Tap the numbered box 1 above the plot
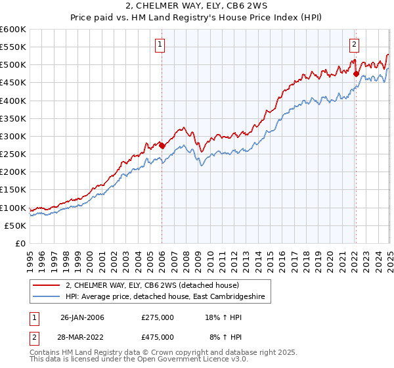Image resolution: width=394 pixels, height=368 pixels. (160, 45)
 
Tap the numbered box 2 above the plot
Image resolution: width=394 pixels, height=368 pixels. (354, 45)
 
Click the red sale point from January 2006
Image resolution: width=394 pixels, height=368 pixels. (162, 146)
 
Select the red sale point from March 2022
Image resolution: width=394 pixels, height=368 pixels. (356, 74)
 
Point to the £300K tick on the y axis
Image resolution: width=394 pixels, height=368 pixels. (13, 136)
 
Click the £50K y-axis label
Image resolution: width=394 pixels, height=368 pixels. (15, 225)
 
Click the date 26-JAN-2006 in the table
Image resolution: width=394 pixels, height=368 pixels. (82, 317)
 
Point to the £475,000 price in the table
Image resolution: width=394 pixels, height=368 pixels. (158, 336)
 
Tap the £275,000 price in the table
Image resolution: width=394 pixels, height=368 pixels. (158, 317)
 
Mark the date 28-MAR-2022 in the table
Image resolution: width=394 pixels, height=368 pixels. (82, 336)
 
